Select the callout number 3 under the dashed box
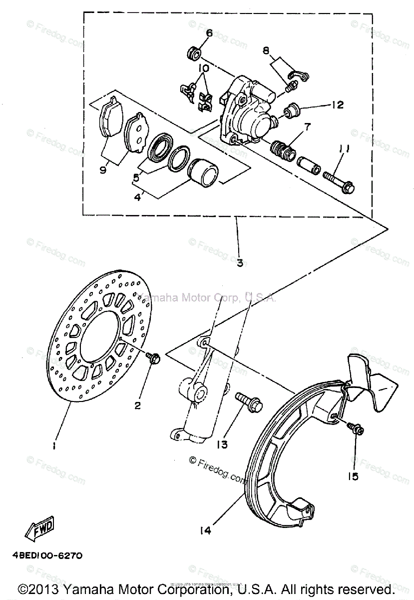click(240, 263)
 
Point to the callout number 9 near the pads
click(103, 170)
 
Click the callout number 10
click(203, 67)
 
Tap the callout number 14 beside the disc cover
click(205, 530)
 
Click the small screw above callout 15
click(356, 429)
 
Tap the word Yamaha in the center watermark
click(159, 298)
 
